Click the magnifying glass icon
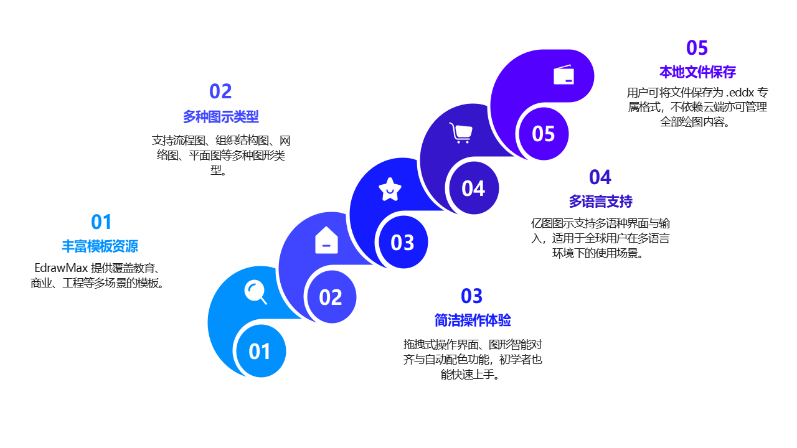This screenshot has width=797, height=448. [255, 292]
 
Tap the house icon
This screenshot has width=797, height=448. [326, 240]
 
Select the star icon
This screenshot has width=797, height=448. [390, 189]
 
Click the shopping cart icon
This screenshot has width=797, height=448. [461, 133]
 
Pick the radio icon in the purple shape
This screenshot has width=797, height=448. [564, 75]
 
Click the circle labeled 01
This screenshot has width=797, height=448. [260, 352]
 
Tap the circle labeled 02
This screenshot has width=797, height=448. [331, 297]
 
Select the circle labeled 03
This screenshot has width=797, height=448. [402, 243]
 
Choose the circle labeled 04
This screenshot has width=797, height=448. [473, 189]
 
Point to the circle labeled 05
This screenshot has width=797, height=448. [544, 134]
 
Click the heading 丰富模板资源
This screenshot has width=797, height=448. [100, 246]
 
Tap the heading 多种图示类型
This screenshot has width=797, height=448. [220, 116]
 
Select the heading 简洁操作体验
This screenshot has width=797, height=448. [473, 320]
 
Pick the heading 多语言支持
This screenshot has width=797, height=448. [600, 201]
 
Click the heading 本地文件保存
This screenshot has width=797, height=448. [697, 72]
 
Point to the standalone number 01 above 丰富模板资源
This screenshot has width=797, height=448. [101, 222]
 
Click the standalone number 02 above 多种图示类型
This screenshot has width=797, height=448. [220, 91]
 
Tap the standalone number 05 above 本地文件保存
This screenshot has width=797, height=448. [697, 48]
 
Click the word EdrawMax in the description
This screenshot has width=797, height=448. [60, 269]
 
